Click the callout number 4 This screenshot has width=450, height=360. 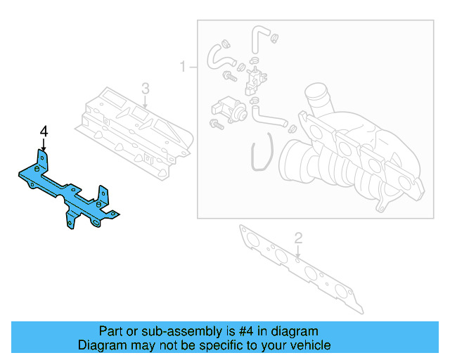[x=44, y=131]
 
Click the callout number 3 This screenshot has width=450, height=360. [x=146, y=89]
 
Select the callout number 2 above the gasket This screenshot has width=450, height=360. [x=298, y=238]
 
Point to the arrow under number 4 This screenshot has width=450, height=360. [x=44, y=146]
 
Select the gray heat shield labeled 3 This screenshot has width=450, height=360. [x=134, y=130]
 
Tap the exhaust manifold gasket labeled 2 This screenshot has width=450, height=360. [x=302, y=271]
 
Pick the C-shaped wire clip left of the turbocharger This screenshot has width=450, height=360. [x=257, y=157]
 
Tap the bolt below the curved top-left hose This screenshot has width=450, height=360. [x=229, y=74]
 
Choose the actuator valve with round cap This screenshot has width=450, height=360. [x=229, y=109]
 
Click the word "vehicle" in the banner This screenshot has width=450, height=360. [x=310, y=345]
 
